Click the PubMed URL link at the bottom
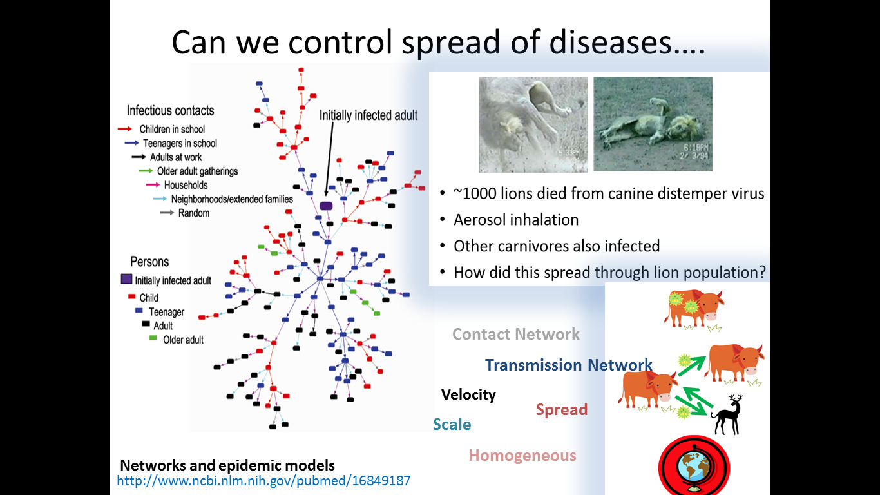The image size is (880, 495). [x=263, y=480]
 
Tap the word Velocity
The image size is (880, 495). [x=468, y=394]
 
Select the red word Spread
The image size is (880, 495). [x=561, y=410]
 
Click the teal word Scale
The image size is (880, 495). [x=452, y=425]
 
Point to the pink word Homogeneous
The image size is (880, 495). [x=522, y=456]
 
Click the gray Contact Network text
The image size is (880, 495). [x=515, y=334]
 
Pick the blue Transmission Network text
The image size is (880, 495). [x=568, y=365]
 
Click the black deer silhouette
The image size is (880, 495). [x=727, y=416]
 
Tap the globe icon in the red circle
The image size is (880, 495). [x=694, y=468]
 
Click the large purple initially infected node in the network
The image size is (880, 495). [x=326, y=206]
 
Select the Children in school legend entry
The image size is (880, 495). [x=172, y=130]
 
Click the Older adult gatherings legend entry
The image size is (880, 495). [x=197, y=171]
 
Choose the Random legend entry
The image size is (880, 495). [x=193, y=213]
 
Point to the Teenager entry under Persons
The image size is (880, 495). [x=166, y=312]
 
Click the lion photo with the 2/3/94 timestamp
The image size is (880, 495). [x=653, y=124]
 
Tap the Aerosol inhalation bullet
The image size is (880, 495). [x=515, y=220]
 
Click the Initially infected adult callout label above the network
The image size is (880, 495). [x=368, y=115]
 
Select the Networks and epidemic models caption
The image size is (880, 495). [x=227, y=465]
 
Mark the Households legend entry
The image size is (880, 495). [x=186, y=186]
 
